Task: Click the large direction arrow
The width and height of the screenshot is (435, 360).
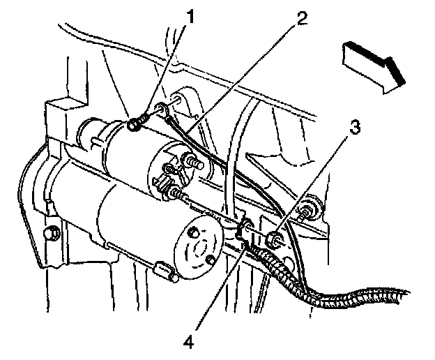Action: [373, 65]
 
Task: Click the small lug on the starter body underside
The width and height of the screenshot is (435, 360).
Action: [165, 271]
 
